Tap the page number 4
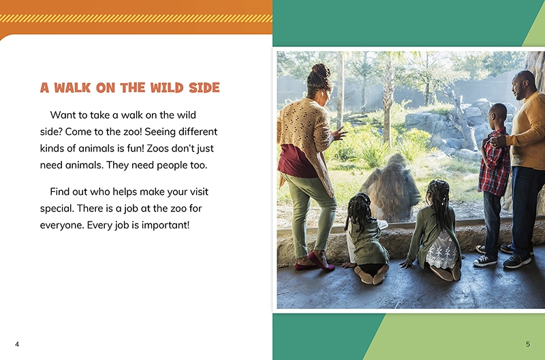(17, 344)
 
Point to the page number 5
(528, 344)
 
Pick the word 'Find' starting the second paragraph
(59, 192)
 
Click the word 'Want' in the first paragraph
(61, 115)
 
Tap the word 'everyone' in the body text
(62, 226)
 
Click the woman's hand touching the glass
(338, 134)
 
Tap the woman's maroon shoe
(320, 262)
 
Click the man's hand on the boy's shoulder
(498, 140)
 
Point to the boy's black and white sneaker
(485, 260)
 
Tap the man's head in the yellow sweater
(523, 85)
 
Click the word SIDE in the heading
(204, 88)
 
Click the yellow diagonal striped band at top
(136, 18)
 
